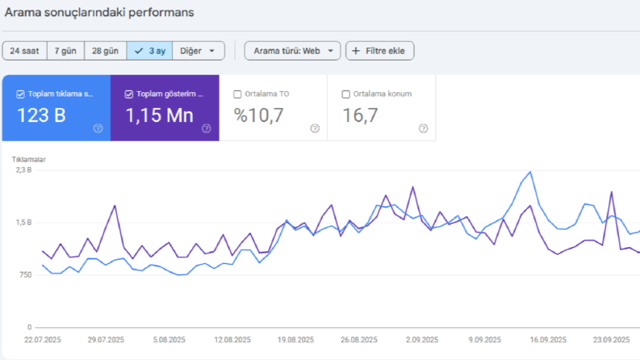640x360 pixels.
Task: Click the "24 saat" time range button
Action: [x=24, y=51]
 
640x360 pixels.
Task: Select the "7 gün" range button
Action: [x=65, y=51]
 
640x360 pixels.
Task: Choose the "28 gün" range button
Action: [x=105, y=51]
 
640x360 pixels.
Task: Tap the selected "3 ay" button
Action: [x=149, y=51]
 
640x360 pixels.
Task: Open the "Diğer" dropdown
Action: [x=199, y=51]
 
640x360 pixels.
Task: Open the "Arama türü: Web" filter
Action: [x=292, y=51]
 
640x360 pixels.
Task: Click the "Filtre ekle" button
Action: [x=379, y=51]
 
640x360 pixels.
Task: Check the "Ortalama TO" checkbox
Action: [x=237, y=94]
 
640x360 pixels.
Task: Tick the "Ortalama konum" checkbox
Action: [x=345, y=94]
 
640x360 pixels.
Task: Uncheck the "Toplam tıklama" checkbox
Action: [x=20, y=94]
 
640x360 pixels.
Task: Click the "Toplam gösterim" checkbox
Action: [x=129, y=94]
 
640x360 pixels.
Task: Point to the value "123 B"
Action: [x=41, y=115]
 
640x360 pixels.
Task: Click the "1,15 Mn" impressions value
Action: [x=159, y=115]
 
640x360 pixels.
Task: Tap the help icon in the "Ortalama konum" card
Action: [x=423, y=128]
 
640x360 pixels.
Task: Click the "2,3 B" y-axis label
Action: [x=23, y=170]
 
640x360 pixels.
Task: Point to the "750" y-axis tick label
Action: [x=25, y=274]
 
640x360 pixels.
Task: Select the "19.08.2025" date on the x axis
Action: [x=295, y=340]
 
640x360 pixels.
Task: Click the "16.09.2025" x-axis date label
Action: [x=548, y=340]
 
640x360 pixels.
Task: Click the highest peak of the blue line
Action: [x=530, y=172]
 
